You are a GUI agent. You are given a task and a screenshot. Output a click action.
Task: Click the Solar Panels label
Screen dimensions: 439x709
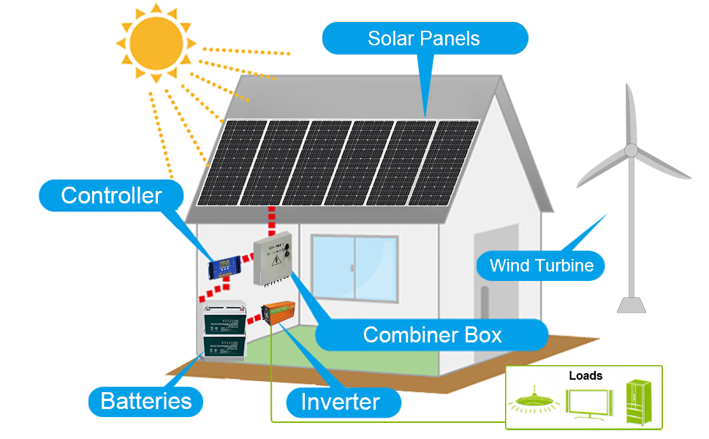tap(424, 38)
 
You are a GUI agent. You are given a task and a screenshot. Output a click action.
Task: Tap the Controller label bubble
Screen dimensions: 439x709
tap(111, 196)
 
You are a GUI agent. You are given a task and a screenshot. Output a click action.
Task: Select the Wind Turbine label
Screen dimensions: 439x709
tap(541, 265)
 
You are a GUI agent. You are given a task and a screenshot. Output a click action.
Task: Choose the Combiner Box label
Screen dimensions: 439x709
tap(432, 335)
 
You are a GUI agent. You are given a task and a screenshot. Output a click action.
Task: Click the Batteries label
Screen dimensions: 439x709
tap(146, 401)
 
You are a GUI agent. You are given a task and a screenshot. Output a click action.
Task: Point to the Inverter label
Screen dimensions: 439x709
tap(341, 402)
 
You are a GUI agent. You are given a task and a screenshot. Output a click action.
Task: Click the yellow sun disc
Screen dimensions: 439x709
tap(155, 42)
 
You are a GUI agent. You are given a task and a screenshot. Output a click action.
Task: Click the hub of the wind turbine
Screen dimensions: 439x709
tap(630, 151)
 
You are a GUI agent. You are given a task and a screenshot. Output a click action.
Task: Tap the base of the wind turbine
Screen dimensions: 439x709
tap(631, 304)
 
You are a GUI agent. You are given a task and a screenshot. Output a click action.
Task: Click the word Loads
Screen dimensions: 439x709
tap(585, 376)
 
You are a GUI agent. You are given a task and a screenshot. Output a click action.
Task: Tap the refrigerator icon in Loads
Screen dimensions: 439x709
tap(639, 402)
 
